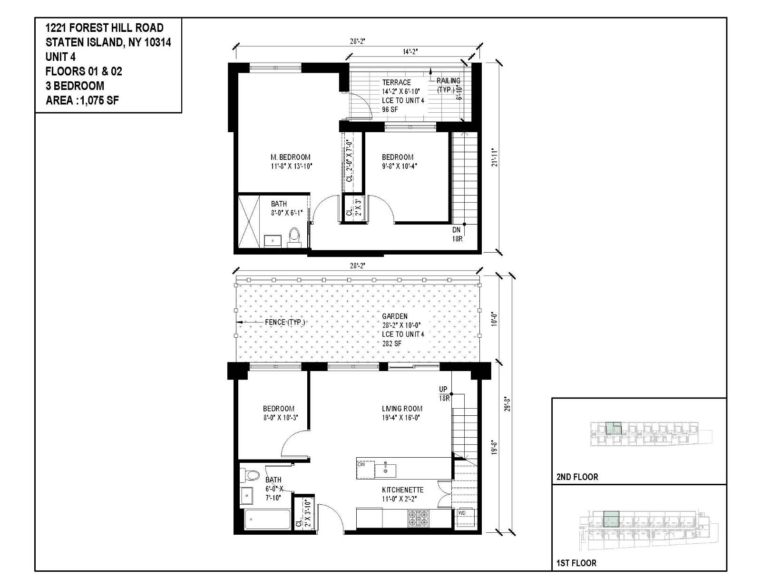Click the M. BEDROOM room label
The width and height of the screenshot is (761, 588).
pyautogui.click(x=291, y=157)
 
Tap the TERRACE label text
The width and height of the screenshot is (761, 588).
pyautogui.click(x=396, y=82)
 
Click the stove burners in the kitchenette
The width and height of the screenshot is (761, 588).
pyautogui.click(x=419, y=518)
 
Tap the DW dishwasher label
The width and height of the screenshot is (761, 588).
pyautogui.click(x=361, y=464)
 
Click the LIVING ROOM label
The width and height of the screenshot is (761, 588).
pyautogui.click(x=402, y=408)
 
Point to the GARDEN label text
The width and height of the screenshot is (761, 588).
pyautogui.click(x=395, y=316)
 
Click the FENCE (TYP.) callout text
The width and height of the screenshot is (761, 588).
pyautogui.click(x=284, y=322)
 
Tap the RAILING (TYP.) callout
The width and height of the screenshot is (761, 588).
pyautogui.click(x=448, y=85)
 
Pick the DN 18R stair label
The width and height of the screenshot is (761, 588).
pyautogui.click(x=457, y=234)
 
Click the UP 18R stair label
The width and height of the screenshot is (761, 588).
pyautogui.click(x=444, y=393)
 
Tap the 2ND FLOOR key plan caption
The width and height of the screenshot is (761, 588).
pyautogui.click(x=577, y=477)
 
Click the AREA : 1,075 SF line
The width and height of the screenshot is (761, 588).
pyautogui.click(x=82, y=100)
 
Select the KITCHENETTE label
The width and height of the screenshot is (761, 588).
pyautogui.click(x=402, y=490)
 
